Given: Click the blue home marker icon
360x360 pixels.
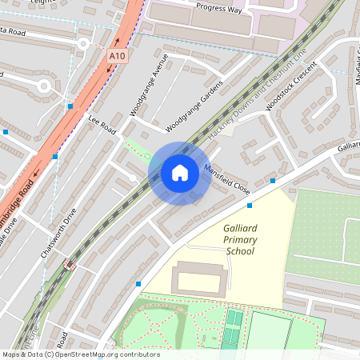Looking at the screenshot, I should pyautogui.click(x=180, y=173).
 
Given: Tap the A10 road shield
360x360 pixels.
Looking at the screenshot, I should pyautogui.click(x=118, y=56).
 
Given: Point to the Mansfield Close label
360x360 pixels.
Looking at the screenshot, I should pyautogui.click(x=228, y=181).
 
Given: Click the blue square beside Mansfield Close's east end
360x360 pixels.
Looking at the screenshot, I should pyautogui.click(x=273, y=181).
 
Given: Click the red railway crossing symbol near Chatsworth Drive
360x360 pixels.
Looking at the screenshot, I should pyautogui.click(x=70, y=266).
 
